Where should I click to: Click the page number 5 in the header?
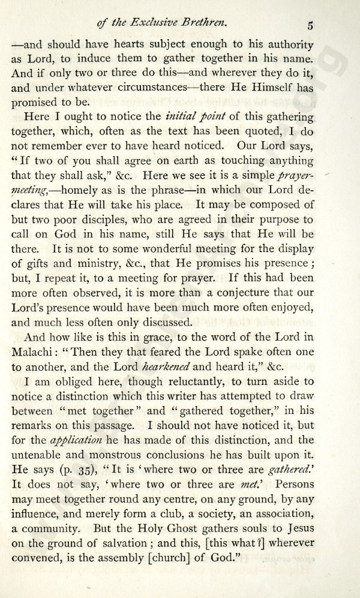pos(310,25)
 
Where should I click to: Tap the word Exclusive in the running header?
pos(166,24)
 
